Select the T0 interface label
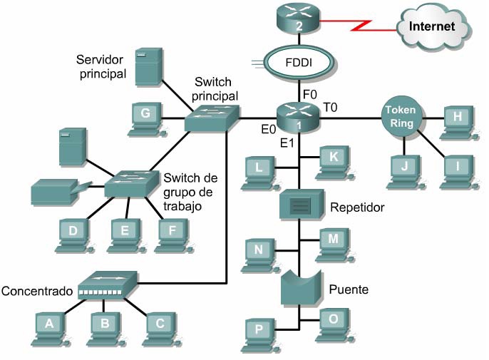pyautogui.click(x=331, y=107)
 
